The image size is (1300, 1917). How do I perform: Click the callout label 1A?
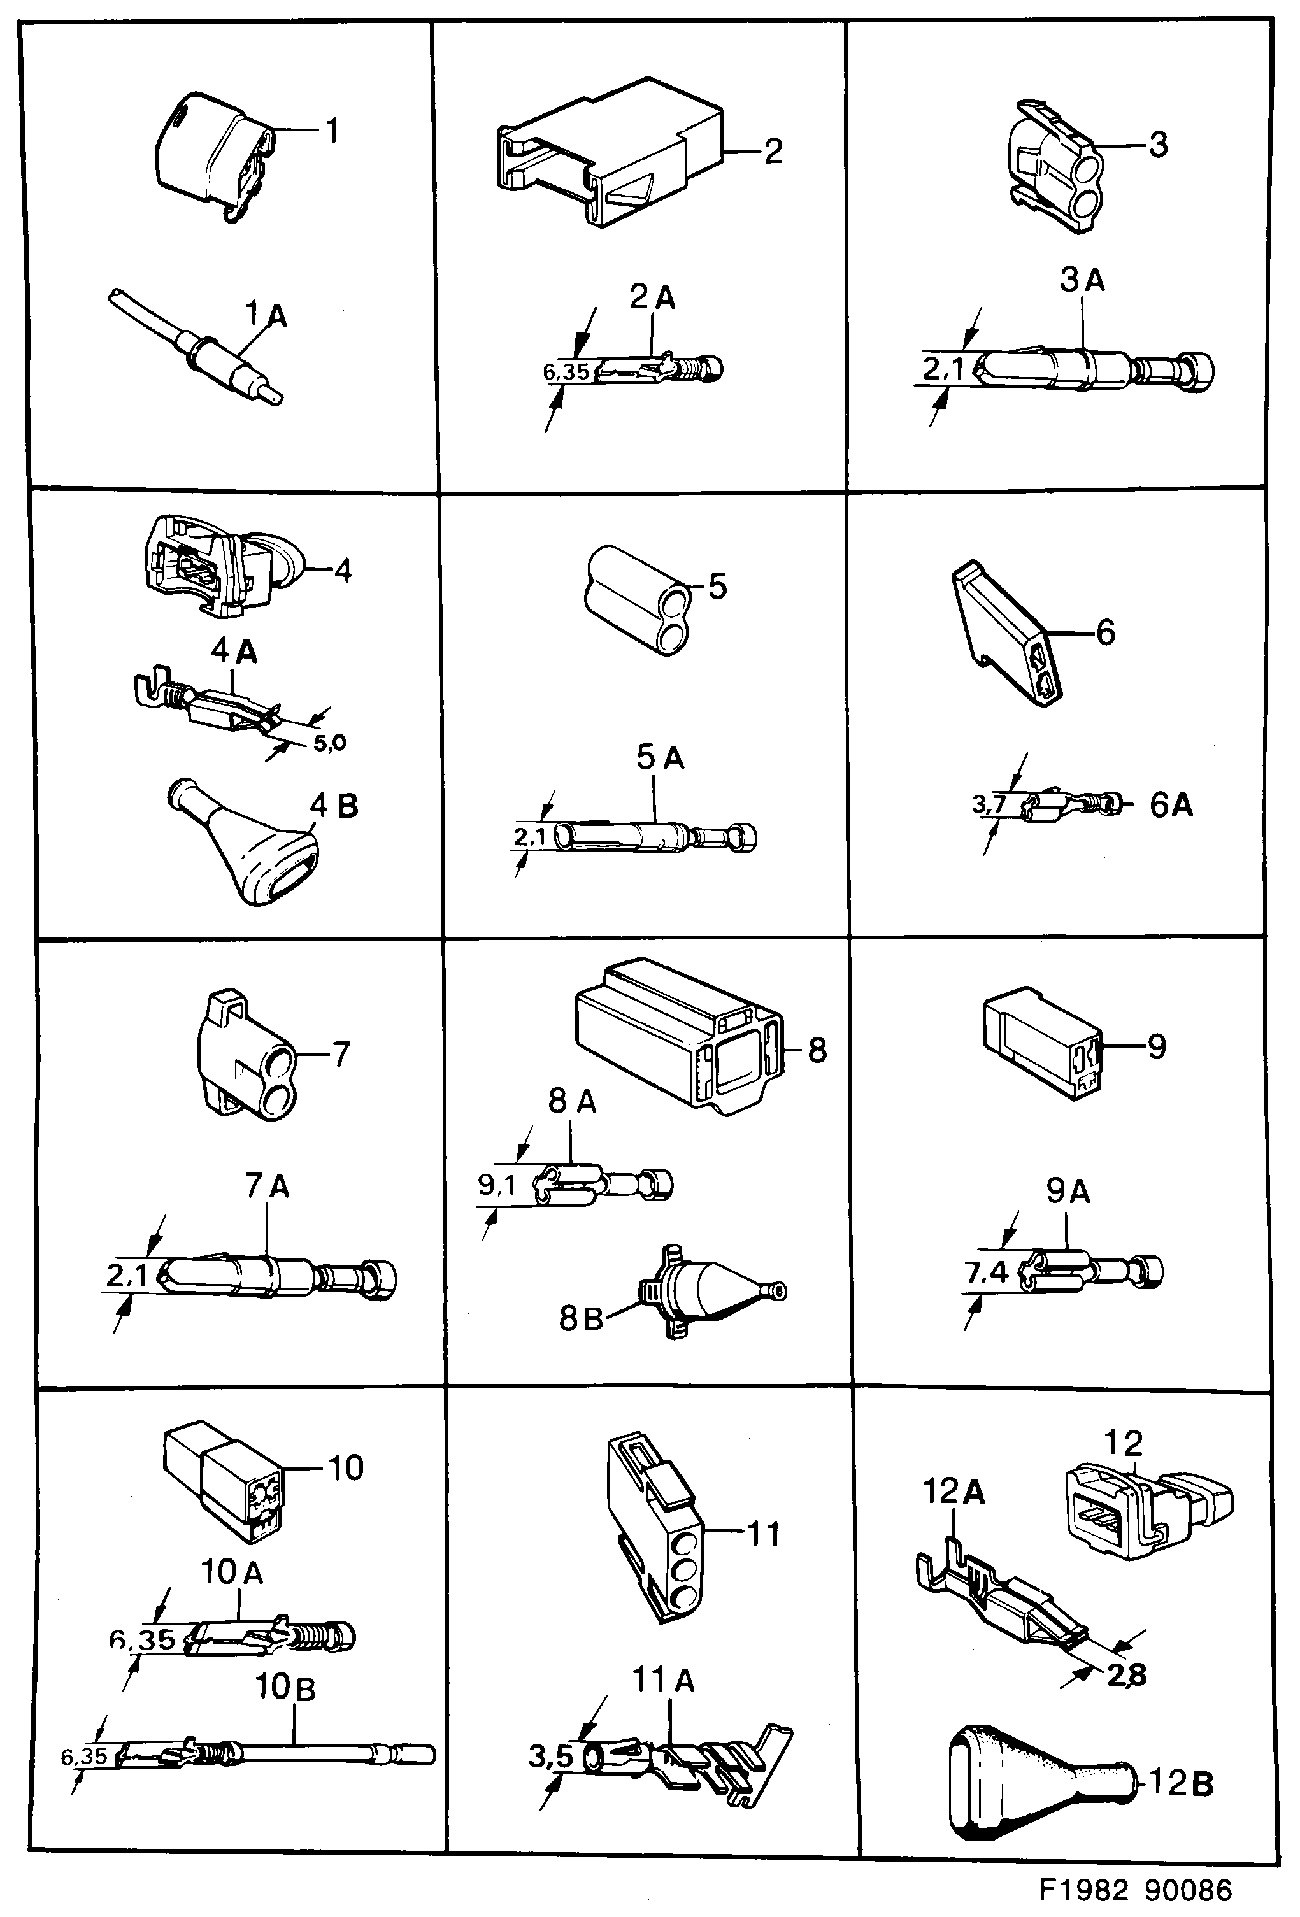266,315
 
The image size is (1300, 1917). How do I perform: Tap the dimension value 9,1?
497,1186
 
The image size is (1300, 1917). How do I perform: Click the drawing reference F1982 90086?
1135,1889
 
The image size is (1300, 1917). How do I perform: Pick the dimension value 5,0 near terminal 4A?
329,743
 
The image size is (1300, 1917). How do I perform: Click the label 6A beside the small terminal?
1171,804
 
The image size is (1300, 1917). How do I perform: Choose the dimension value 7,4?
986,1272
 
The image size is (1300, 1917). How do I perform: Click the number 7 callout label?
341,1054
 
